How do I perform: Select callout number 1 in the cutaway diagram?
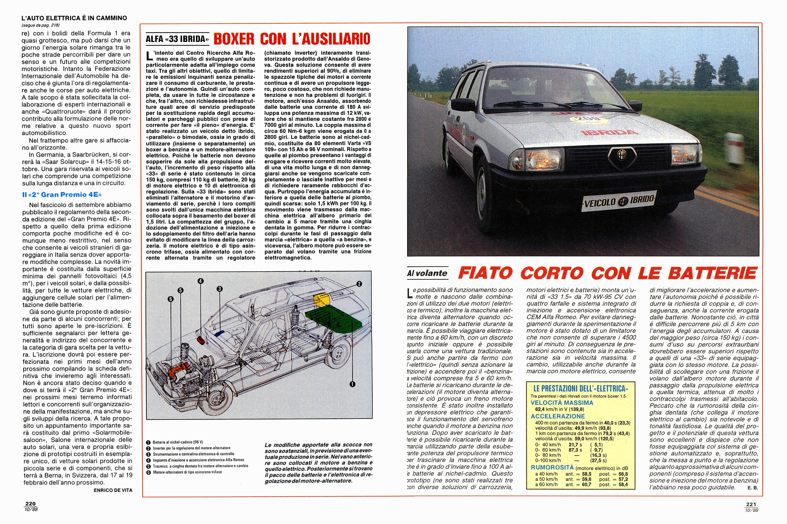tap(352, 384)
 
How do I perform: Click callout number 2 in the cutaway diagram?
tap(359, 284)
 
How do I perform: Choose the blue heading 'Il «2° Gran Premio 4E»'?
tap(62, 195)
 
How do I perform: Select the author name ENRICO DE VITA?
tap(113, 490)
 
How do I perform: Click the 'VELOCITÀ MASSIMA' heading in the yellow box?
tap(562, 403)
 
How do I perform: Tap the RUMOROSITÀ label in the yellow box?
tap(552, 468)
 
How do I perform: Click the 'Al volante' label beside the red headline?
tap(427, 273)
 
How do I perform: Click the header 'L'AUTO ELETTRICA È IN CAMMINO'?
tap(74, 18)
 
